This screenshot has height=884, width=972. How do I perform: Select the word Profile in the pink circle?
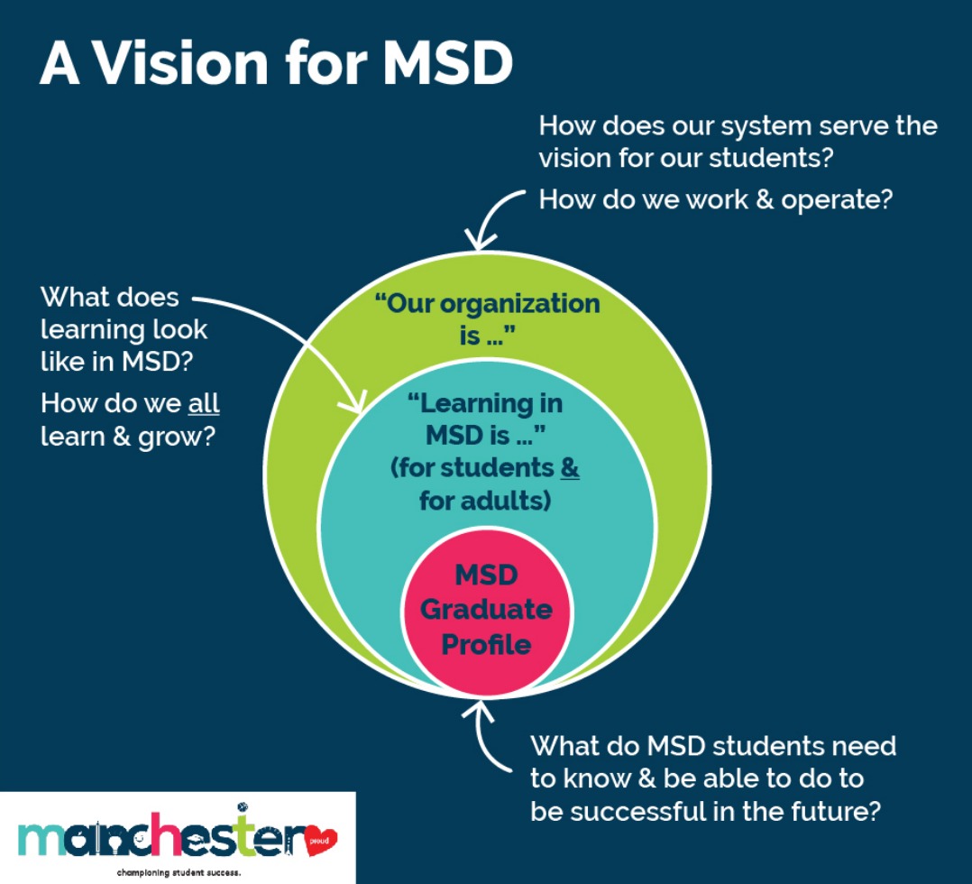(486, 644)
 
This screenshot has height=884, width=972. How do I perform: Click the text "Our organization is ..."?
(487, 318)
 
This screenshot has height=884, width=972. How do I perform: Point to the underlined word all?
(204, 402)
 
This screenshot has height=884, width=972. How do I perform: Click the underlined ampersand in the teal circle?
(570, 468)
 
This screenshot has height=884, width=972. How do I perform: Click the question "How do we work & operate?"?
(715, 198)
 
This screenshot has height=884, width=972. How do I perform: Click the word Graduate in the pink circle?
(486, 610)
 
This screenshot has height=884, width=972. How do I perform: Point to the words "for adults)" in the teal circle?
(485, 500)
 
